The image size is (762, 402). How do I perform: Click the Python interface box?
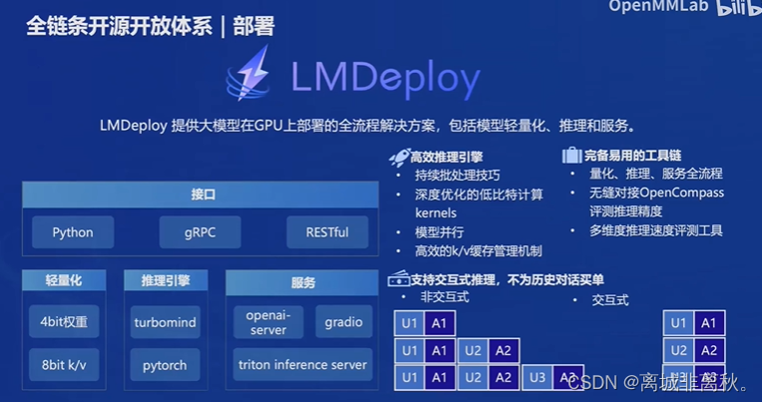(73, 232)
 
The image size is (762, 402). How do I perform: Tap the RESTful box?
(327, 232)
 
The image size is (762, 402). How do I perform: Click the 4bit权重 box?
(64, 322)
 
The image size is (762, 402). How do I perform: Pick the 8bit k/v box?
(64, 365)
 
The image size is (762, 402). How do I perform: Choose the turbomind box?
(166, 322)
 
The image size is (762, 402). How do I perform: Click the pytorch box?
(166, 365)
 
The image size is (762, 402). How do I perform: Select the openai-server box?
(268, 322)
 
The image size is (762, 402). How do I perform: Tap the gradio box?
(343, 322)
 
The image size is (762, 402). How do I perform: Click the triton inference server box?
(302, 365)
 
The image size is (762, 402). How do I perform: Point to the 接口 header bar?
(203, 195)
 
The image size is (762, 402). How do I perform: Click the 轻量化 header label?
(64, 281)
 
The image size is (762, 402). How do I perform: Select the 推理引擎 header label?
(166, 281)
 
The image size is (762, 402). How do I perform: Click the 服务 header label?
(302, 282)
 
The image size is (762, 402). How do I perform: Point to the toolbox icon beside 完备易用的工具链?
(571, 156)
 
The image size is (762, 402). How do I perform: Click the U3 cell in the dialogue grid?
(537, 378)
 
